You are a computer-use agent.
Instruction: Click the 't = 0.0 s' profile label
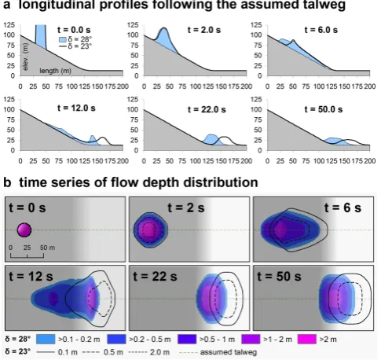(x=74, y=30)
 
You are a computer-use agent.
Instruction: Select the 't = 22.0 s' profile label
(x=207, y=109)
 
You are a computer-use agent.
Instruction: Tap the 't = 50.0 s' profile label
(x=324, y=109)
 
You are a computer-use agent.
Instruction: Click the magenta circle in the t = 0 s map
(x=24, y=230)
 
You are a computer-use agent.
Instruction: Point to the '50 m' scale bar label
(x=47, y=248)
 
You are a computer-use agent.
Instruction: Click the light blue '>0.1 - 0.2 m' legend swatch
(x=46, y=339)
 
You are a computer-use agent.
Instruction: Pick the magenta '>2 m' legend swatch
(x=307, y=339)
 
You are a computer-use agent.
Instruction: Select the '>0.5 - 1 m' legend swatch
(x=187, y=339)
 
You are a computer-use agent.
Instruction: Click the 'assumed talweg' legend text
(x=229, y=352)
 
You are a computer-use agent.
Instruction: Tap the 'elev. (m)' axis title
(x=25, y=57)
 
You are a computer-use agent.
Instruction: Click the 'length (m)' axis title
(x=55, y=71)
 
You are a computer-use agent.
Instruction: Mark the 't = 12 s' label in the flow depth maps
(x=31, y=276)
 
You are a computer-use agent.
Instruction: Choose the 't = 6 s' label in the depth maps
(x=343, y=208)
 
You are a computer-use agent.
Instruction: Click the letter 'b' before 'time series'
(x=7, y=182)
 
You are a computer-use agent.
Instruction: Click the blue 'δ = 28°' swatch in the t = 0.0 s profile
(x=62, y=39)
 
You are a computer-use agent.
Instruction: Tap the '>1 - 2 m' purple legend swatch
(x=251, y=339)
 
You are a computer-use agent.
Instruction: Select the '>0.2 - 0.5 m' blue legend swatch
(x=116, y=339)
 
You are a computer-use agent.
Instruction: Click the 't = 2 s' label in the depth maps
(x=186, y=208)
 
